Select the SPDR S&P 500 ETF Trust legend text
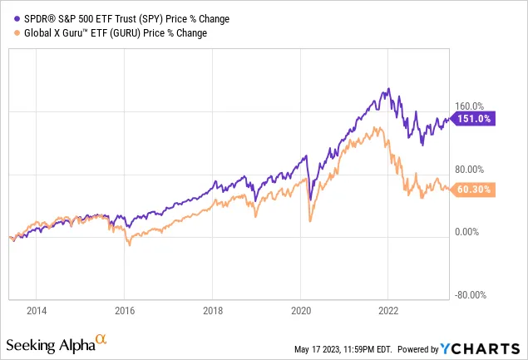point(114,17)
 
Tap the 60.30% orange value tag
point(476,190)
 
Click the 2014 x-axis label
point(36,311)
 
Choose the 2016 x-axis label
point(124,311)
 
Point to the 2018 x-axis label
point(212,311)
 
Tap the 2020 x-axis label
point(300,311)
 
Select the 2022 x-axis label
point(388,311)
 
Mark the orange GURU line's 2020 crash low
point(310,220)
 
